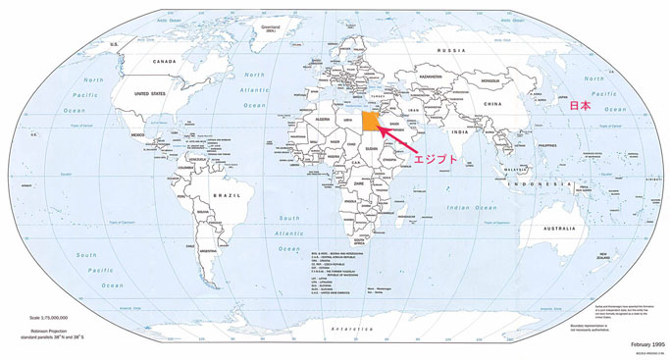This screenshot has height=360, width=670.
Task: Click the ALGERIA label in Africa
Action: (x=322, y=117)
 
